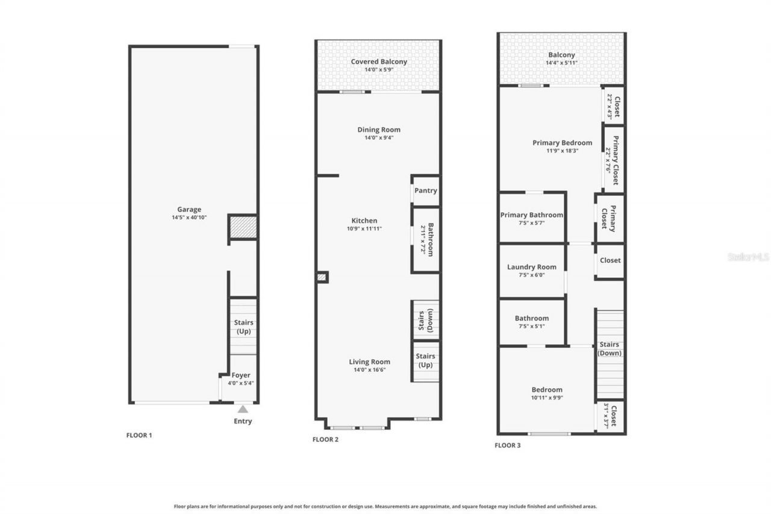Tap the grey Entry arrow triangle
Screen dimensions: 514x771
click(x=242, y=409)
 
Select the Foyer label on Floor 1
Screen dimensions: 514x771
click(x=240, y=375)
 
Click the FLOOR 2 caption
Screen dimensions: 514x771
click(x=325, y=439)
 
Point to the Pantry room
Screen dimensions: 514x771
click(x=425, y=190)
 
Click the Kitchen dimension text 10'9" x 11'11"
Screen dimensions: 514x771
click(x=364, y=228)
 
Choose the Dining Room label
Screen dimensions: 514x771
click(x=378, y=130)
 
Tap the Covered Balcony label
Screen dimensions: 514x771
click(x=379, y=61)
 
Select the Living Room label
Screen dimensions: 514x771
click(x=369, y=362)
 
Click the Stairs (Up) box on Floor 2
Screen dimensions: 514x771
click(x=425, y=360)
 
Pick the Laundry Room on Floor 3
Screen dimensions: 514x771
click(x=531, y=267)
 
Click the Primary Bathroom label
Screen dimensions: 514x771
click(x=531, y=215)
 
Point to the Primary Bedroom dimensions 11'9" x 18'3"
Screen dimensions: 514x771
click(x=562, y=151)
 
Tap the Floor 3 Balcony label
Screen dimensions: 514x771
click(x=561, y=55)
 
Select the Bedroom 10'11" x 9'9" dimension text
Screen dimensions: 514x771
click(x=547, y=397)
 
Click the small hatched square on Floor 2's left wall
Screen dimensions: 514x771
click(x=322, y=277)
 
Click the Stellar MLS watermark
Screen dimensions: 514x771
click(x=748, y=257)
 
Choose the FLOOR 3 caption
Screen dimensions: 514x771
click(x=507, y=445)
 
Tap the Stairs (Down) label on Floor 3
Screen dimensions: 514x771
click(x=609, y=349)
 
